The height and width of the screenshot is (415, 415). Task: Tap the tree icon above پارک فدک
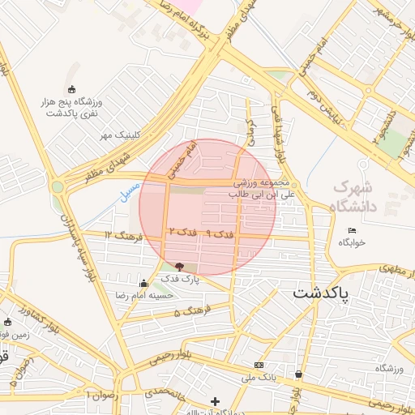[179, 266]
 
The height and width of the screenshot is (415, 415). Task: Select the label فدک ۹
[220, 233]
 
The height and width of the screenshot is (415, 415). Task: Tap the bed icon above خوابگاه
[351, 230]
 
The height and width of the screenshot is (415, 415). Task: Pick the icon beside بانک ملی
[259, 366]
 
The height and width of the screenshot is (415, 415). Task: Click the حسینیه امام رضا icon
[143, 283]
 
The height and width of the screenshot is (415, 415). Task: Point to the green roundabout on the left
[58, 187]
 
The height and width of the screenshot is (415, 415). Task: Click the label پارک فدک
[179, 279]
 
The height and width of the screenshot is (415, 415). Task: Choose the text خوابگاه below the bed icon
[351, 242]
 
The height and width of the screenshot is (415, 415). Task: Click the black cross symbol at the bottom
[215, 400]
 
